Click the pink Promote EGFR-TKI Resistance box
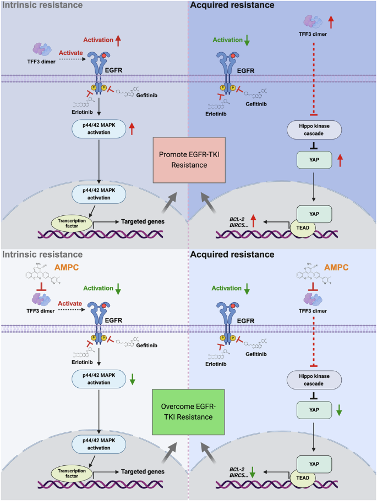[189, 160]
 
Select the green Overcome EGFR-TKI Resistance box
[188, 412]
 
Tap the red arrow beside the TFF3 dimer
[331, 23]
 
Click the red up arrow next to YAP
[340, 160]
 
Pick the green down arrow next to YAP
[339, 410]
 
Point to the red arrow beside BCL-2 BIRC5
[254, 221]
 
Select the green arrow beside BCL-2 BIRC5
[253, 472]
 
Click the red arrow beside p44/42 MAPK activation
[132, 129]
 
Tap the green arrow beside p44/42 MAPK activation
[132, 378]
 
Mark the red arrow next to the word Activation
[118, 40]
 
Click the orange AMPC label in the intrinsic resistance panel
[67, 268]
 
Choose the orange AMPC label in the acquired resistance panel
[336, 268]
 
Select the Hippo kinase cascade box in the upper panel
[314, 130]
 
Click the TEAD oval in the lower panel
[303, 478]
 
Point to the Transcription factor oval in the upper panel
[72, 224]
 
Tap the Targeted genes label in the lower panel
[143, 471]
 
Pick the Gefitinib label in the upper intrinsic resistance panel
[146, 95]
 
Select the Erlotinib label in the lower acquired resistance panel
[216, 364]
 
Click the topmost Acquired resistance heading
[232, 5]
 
